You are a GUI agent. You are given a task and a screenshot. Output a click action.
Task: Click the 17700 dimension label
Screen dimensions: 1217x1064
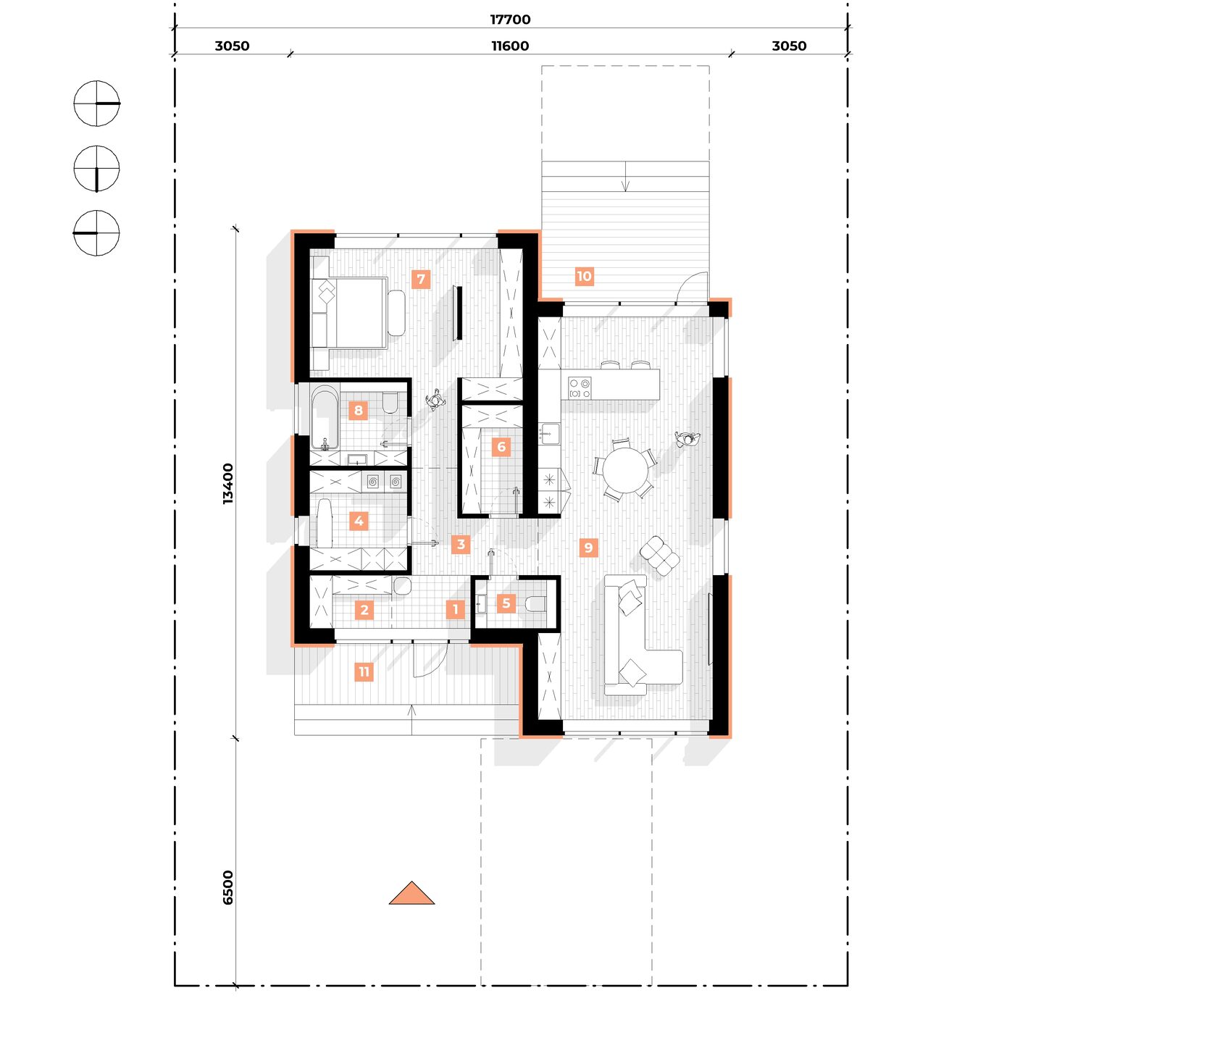pyautogui.click(x=510, y=20)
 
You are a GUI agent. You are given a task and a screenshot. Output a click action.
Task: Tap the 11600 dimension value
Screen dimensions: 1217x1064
pyautogui.click(x=510, y=46)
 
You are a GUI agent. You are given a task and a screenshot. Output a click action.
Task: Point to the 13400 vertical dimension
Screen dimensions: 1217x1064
pyautogui.click(x=228, y=483)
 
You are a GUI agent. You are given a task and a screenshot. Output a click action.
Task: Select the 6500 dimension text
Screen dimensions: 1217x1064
pyautogui.click(x=228, y=887)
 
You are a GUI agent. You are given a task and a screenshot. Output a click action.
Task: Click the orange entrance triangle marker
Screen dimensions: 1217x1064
pyautogui.click(x=411, y=894)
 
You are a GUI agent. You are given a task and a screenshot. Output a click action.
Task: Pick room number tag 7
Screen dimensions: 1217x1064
pyautogui.click(x=421, y=279)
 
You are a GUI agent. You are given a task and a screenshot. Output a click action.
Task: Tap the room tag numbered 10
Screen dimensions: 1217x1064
pyautogui.click(x=584, y=276)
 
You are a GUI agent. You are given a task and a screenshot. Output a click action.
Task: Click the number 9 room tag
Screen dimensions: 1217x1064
pyautogui.click(x=588, y=548)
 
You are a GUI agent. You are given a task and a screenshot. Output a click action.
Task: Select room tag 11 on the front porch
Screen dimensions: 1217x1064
pyautogui.click(x=364, y=671)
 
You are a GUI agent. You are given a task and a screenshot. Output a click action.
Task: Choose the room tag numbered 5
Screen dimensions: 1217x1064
pyautogui.click(x=506, y=603)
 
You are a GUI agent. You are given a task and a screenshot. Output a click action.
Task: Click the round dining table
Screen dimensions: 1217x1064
pyautogui.click(x=627, y=470)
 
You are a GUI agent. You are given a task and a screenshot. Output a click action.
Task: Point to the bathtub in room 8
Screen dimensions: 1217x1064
pyautogui.click(x=325, y=418)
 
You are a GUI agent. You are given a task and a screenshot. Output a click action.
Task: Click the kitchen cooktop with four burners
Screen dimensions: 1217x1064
pyautogui.click(x=580, y=388)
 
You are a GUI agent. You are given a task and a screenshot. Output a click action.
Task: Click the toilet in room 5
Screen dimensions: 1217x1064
pyautogui.click(x=536, y=603)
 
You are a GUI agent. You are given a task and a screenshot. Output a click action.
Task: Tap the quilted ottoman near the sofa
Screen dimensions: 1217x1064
pyautogui.click(x=659, y=556)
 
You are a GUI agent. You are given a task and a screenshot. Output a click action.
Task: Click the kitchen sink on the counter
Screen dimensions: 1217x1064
pyautogui.click(x=549, y=433)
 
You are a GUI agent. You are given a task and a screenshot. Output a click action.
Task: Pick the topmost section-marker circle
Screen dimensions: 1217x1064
pyautogui.click(x=96, y=104)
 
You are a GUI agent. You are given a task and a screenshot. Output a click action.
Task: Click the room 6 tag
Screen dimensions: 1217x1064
pyautogui.click(x=501, y=447)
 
